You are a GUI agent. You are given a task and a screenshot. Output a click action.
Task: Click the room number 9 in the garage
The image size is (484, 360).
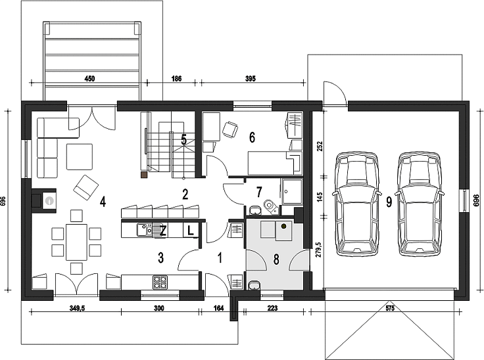coord(389,202)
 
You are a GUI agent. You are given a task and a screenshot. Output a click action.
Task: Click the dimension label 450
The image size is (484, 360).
coord(89,79)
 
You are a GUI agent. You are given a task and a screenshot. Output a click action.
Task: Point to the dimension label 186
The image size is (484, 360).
coord(176,79)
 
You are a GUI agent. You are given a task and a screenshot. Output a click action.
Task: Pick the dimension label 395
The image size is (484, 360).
coord(251,79)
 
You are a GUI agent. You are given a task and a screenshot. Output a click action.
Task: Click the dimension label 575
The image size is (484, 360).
coord(390,308)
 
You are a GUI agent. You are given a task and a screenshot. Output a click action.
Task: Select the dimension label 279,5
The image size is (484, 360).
coord(320,250)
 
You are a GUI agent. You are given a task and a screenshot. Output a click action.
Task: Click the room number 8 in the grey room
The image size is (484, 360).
coord(276,259)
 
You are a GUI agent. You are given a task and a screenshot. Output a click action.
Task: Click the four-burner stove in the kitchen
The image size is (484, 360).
coord(160,282)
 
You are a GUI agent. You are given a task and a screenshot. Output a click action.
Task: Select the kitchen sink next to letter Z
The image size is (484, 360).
coord(145,229)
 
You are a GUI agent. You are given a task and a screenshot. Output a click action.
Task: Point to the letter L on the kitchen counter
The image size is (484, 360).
coord(191,230)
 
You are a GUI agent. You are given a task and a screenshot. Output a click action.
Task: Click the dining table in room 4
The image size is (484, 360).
coord(76,242)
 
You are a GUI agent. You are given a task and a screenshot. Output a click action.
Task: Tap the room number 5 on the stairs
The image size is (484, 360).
coord(184,140)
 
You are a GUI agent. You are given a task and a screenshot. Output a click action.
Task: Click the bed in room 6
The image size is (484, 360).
coord(274,163)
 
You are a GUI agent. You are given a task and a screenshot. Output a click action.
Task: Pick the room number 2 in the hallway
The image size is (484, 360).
coord(185,194)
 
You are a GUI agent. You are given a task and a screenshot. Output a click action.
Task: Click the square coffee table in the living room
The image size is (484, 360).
coord(80,157)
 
